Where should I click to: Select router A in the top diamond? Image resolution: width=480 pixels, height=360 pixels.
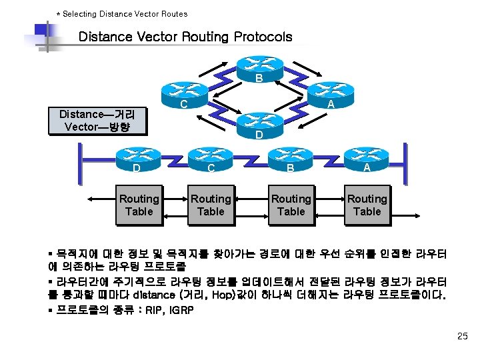(330, 95)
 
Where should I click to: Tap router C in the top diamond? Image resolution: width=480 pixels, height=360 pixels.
(183, 95)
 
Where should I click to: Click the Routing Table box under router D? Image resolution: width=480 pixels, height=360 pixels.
(139, 205)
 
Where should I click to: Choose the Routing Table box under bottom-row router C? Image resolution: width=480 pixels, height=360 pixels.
(211, 205)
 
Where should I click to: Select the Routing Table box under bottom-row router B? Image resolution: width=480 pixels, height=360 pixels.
(291, 205)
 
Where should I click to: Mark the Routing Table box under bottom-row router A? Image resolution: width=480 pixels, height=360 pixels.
(367, 205)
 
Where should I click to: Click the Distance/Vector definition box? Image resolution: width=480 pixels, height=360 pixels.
(97, 121)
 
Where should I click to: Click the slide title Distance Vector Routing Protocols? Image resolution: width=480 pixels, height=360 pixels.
(185, 37)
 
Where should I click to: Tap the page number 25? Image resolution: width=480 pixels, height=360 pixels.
(463, 336)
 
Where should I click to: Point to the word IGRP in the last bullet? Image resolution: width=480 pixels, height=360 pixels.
(179, 310)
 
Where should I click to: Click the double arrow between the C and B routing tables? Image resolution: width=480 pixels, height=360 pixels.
(251, 199)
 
